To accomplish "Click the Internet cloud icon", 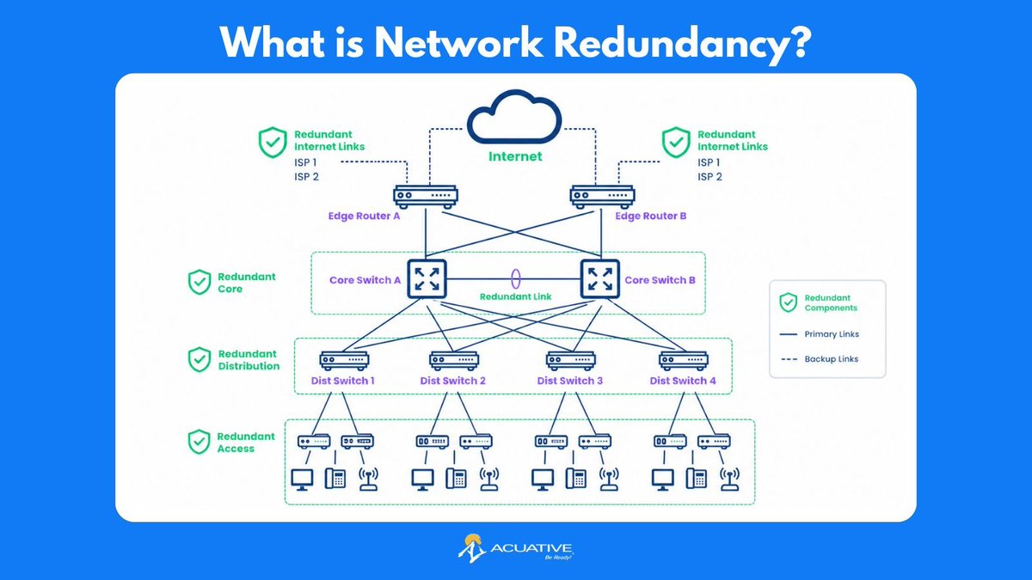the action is pos(514,117).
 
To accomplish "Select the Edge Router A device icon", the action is pos(425,197).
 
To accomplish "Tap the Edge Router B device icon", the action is pos(602,197).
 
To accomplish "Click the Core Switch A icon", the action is pos(427,279).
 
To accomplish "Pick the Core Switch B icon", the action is pos(600,279).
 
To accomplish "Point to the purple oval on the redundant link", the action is pos(516,279).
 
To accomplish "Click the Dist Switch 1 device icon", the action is pos(344,361).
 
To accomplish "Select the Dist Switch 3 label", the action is pos(570,381).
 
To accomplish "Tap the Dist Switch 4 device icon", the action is pos(683,361).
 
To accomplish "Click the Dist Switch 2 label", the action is pos(453,381).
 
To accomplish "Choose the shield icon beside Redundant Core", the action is pos(200,282).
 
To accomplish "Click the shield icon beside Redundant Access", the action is pos(199,442).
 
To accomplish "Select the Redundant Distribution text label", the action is pos(249,360).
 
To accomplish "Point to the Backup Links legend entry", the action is pos(820,359).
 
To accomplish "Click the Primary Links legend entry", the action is pos(820,334).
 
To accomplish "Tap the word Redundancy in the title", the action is pos(682,42).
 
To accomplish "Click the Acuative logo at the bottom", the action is pos(515,548).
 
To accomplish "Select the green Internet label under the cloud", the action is pos(515,156).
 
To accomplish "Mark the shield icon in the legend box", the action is pos(789,302).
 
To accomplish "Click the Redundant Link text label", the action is pos(515,297).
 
